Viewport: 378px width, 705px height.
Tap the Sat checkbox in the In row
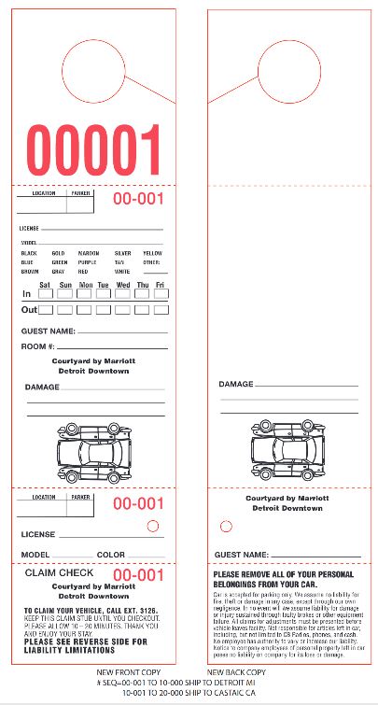[x=46, y=294]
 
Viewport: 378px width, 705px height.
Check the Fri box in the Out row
[x=161, y=309]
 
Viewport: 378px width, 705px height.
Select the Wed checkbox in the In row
[x=122, y=294]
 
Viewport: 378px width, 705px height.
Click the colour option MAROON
[x=88, y=253]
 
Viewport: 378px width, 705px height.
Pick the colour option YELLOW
[x=151, y=253]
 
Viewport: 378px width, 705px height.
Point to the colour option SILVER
[x=122, y=253]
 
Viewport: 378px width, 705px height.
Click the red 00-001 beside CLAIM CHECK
[x=138, y=574]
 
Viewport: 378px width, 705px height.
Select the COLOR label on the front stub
[x=110, y=555]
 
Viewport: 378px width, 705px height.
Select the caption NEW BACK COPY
[x=237, y=672]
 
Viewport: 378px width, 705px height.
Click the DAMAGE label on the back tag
[x=236, y=384]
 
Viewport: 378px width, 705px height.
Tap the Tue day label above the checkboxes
[x=103, y=284]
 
